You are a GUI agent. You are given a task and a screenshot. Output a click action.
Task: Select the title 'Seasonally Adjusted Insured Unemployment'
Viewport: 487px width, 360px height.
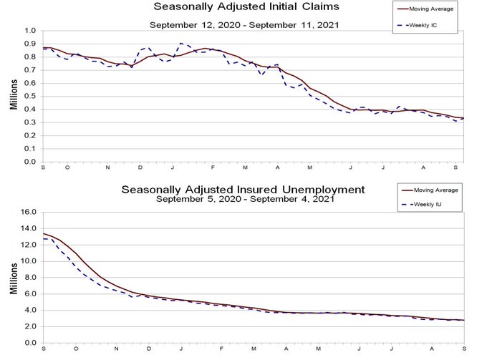pyautogui.click(x=243, y=190)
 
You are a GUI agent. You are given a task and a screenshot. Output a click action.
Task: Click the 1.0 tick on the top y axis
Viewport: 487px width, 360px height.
pyautogui.click(x=29, y=31)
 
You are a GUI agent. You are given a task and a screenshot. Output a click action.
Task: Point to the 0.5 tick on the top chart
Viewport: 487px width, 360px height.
pyautogui.click(x=29, y=96)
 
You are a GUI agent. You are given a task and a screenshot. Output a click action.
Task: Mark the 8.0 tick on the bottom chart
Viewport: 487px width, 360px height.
pyautogui.click(x=29, y=278)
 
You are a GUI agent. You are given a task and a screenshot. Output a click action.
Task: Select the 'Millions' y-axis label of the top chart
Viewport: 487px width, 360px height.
pyautogui.click(x=14, y=96)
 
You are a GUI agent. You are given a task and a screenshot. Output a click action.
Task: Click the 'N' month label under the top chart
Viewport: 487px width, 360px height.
pyautogui.click(x=108, y=168)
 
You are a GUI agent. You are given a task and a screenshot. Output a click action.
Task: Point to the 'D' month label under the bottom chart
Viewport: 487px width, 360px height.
pyautogui.click(x=148, y=349)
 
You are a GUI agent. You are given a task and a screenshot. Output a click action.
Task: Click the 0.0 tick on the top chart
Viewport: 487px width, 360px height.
pyautogui.click(x=29, y=162)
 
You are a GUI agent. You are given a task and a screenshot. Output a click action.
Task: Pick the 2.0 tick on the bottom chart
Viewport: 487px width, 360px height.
pyautogui.click(x=29, y=326)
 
